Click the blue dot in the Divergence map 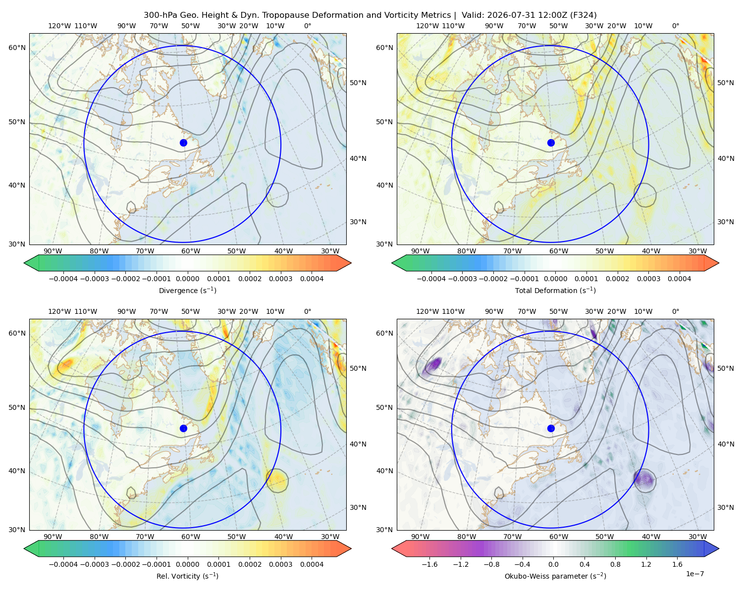(183, 143)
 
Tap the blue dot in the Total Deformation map (551, 143)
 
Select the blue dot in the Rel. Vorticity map (183, 428)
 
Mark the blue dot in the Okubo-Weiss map (551, 428)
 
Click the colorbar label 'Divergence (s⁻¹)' (187, 290)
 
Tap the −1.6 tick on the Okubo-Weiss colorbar (429, 564)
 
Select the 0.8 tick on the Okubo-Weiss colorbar (615, 564)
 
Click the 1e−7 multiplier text (694, 574)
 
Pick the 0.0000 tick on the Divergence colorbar (187, 279)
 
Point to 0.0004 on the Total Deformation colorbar (679, 279)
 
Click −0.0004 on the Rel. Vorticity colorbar (63, 564)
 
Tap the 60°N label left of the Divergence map (17, 48)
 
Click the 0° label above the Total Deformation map (675, 26)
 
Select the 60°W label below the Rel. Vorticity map (191, 537)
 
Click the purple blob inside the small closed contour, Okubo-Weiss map (644, 479)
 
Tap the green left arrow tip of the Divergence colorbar (24, 263)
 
